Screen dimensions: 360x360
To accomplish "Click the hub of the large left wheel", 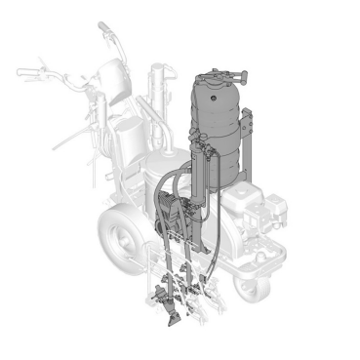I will point(122,238).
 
